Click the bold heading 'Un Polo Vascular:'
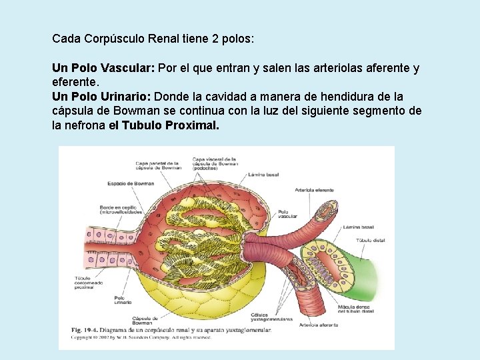pos(103,68)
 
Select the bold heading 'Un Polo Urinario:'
pos(101,97)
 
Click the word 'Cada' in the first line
pos(67,39)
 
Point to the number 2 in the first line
pos(215,39)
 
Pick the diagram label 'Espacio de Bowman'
pos(127,183)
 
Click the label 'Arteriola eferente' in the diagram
pos(314,190)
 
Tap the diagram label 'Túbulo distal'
pos(371,239)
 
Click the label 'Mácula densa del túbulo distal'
pos(357,309)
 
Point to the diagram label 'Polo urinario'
pos(123,300)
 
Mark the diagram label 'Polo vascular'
pos(287,213)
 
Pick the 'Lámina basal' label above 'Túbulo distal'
pos(359,227)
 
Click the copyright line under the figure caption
pos(140,337)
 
